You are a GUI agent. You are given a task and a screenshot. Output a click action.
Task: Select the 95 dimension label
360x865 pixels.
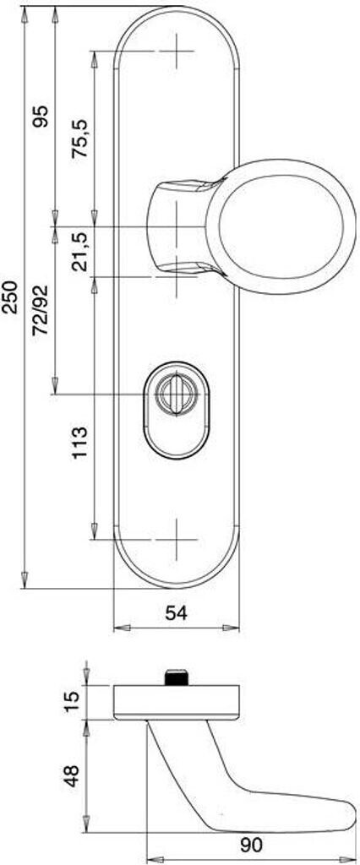(41, 117)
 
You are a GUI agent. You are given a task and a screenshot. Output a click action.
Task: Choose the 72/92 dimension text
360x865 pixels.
(41, 311)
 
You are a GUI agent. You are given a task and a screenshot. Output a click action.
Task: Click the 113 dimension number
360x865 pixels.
(80, 443)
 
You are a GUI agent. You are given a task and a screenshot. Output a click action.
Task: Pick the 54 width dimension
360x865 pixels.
(177, 612)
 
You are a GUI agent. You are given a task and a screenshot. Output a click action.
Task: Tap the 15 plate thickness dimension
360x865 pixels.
(72, 702)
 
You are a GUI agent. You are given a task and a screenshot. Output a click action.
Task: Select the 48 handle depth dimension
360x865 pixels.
(72, 775)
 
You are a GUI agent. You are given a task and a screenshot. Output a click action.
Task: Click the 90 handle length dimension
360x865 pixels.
(251, 845)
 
